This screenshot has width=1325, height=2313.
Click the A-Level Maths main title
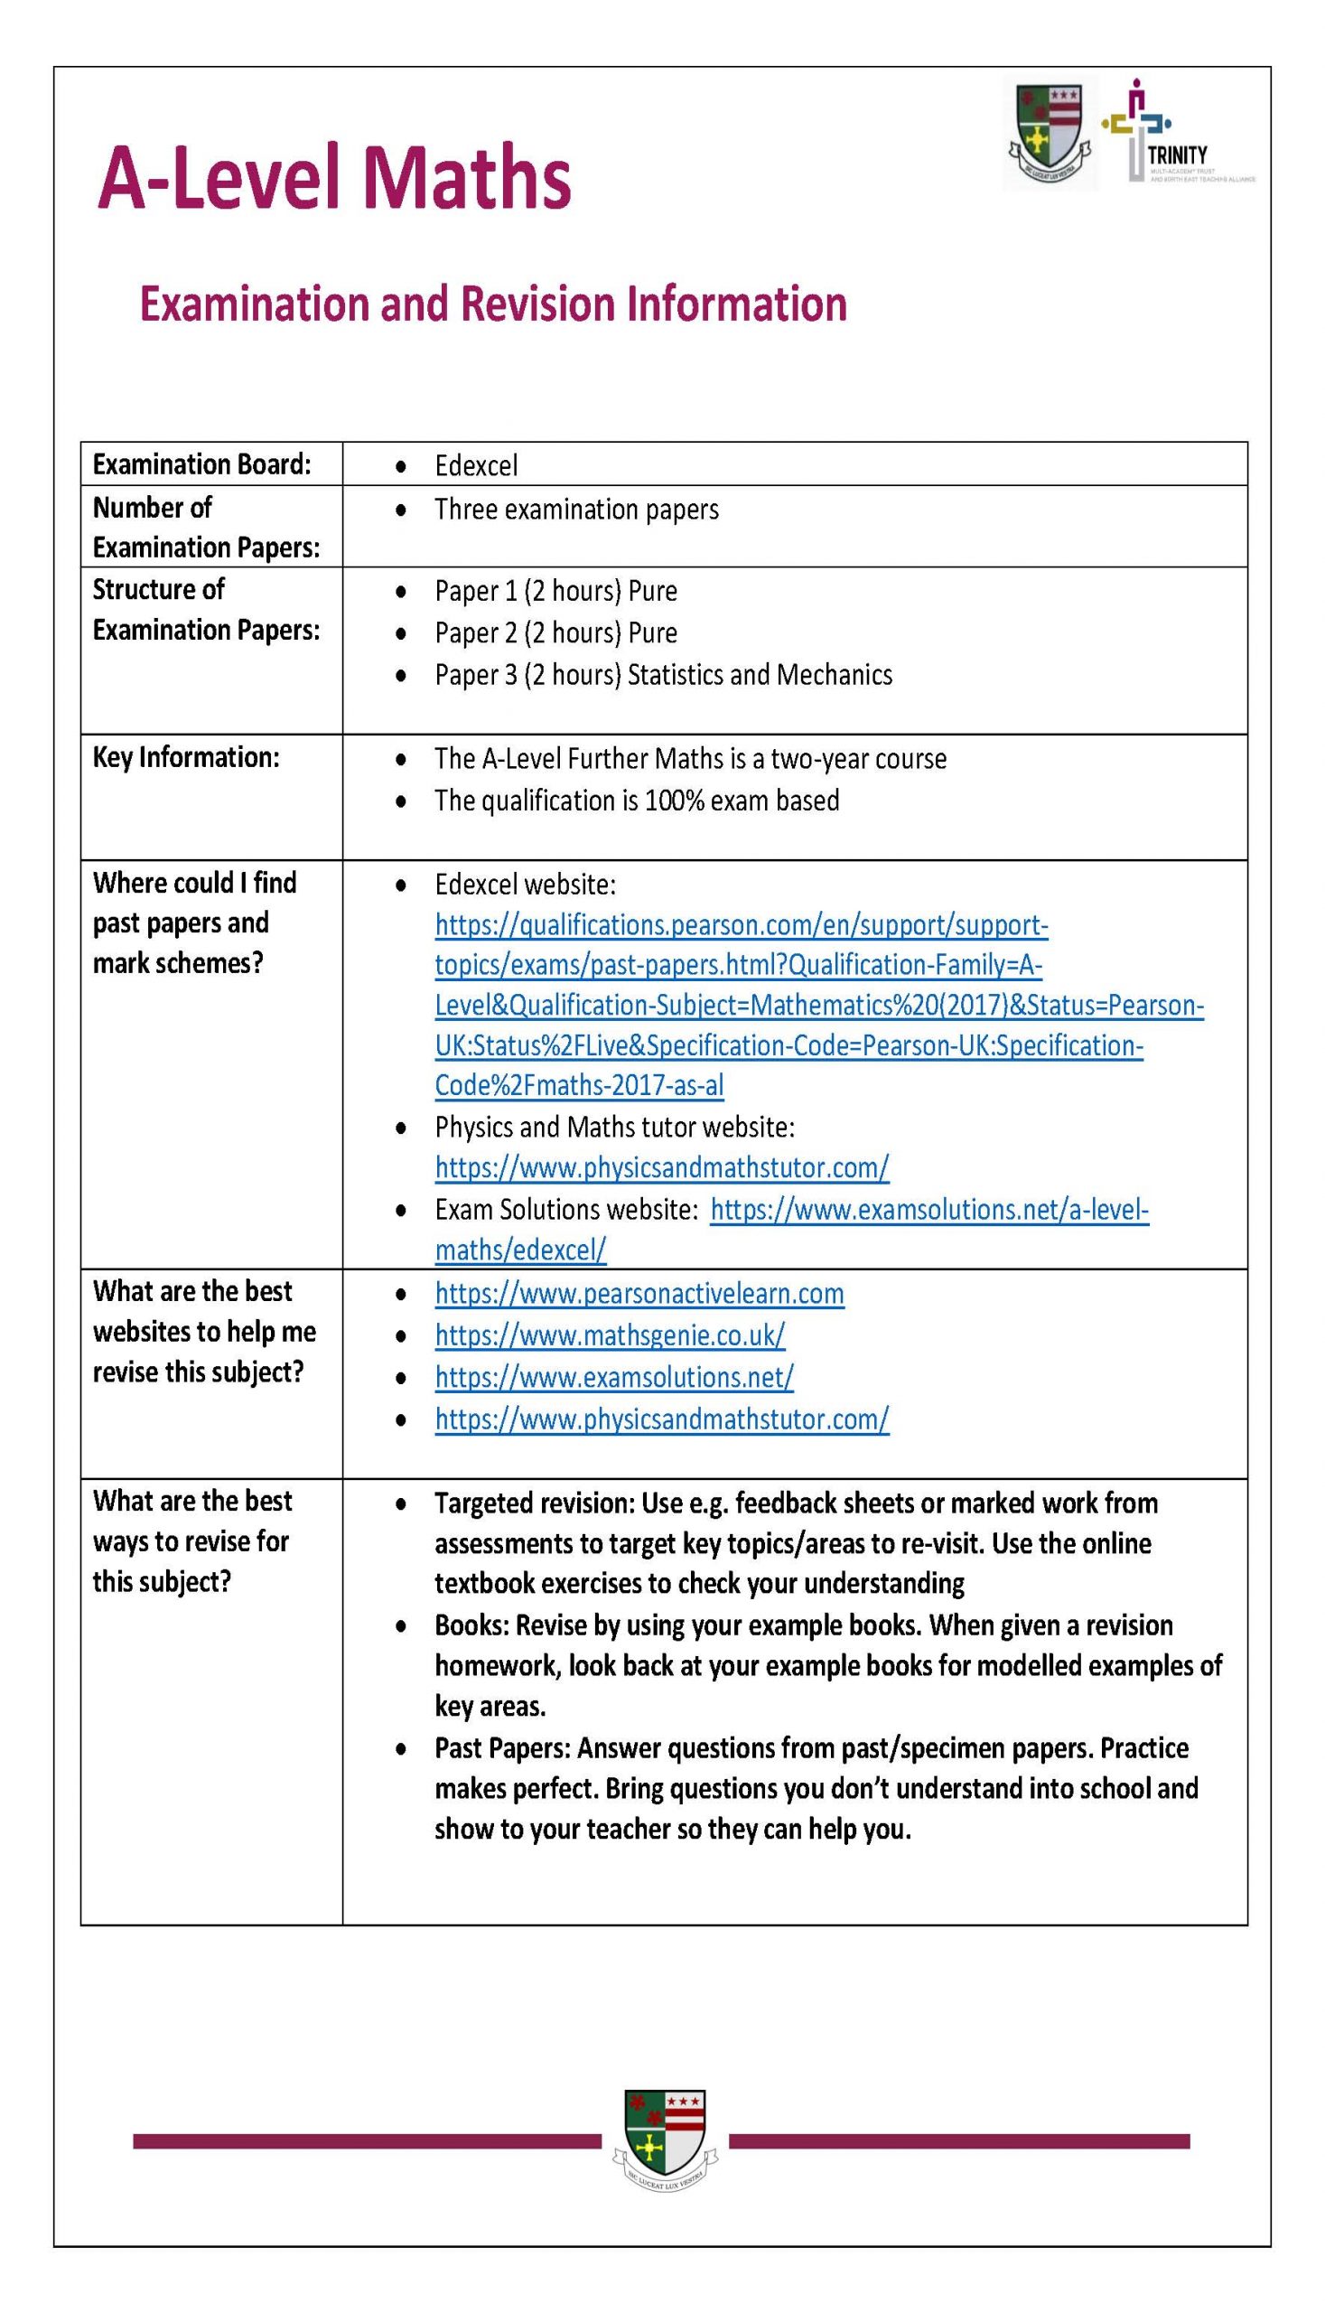(334, 176)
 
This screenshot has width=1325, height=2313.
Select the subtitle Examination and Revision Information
(492, 304)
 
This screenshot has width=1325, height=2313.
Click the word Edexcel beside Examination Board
(476, 466)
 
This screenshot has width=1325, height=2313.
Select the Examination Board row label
(201, 465)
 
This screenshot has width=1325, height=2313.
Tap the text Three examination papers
(576, 510)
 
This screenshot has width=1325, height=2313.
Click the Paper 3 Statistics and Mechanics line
(663, 676)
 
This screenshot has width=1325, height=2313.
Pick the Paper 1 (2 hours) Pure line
(555, 592)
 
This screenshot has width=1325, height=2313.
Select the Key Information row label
(186, 757)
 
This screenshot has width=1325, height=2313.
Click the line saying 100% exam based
(636, 801)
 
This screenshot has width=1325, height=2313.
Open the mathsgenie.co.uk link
(609, 1336)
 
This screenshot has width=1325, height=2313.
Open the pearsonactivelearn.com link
(639, 1295)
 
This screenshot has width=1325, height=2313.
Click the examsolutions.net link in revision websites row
(613, 1378)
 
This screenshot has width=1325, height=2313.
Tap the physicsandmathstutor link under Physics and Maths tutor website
(660, 1169)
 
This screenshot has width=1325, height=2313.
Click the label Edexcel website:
(525, 885)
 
